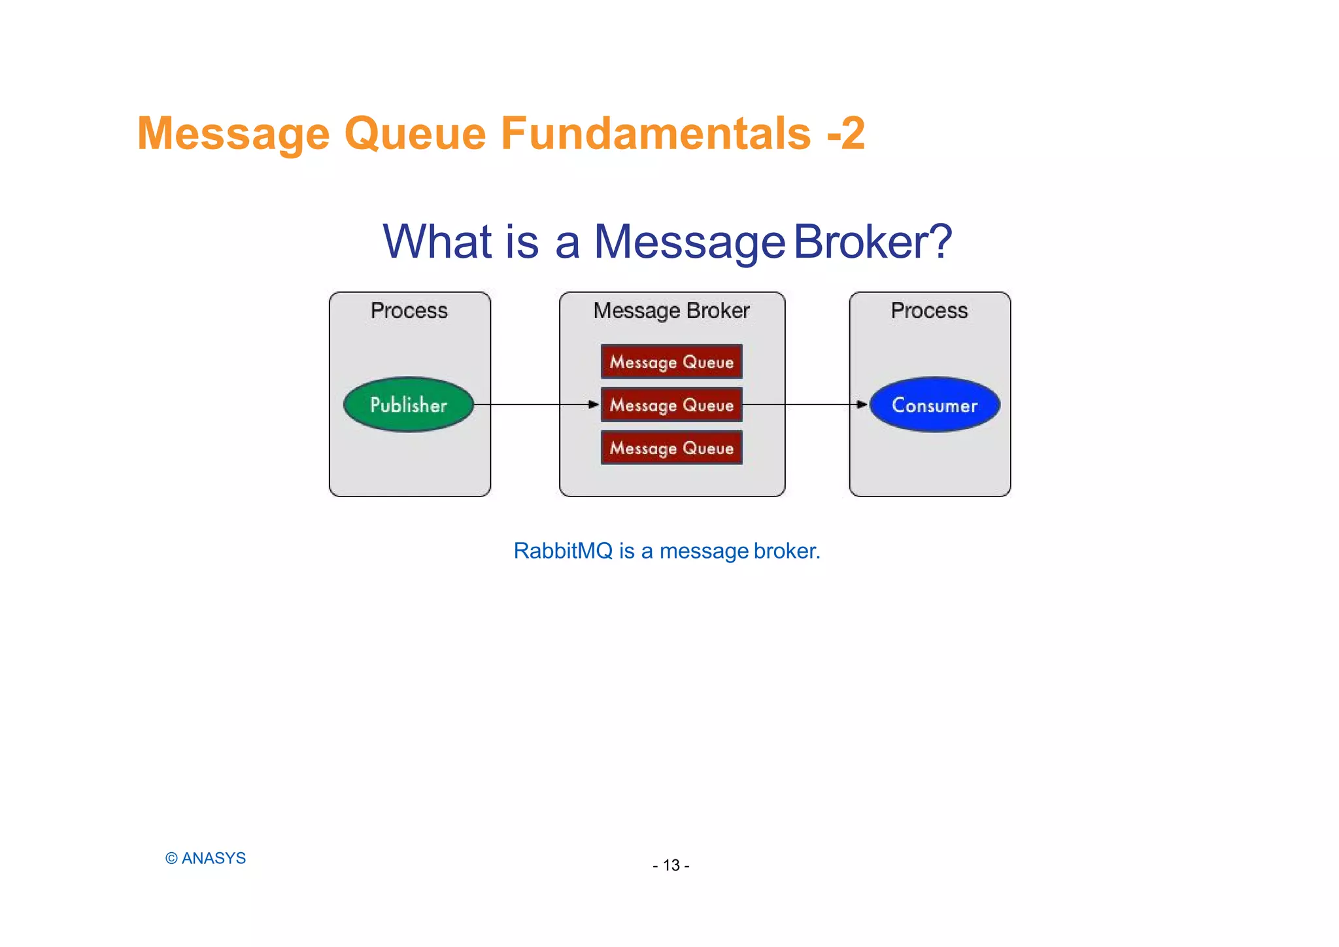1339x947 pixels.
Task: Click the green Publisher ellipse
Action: click(x=409, y=405)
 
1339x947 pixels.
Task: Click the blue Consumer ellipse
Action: click(x=934, y=405)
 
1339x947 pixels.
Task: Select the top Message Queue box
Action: click(x=671, y=362)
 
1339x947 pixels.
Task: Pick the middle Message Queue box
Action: click(x=671, y=405)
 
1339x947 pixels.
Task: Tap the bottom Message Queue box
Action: click(x=671, y=448)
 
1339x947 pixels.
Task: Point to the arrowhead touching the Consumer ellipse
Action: click(x=862, y=404)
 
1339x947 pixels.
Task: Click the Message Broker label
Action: click(x=671, y=311)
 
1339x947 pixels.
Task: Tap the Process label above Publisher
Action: click(x=409, y=311)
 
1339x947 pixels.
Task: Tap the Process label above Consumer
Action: click(x=929, y=311)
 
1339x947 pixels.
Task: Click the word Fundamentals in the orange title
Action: click(x=656, y=133)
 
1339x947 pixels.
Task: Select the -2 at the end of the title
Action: click(x=846, y=133)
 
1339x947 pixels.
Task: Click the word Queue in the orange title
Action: click(x=415, y=133)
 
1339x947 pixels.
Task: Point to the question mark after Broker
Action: click(x=940, y=241)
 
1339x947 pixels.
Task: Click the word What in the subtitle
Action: click(x=437, y=241)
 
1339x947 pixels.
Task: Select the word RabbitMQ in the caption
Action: click(x=563, y=551)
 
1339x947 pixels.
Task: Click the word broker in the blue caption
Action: click(x=787, y=551)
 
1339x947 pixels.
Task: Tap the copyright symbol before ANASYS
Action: click(x=171, y=859)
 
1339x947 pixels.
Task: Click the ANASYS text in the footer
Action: click(x=214, y=858)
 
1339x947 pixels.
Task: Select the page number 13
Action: click(x=671, y=865)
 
